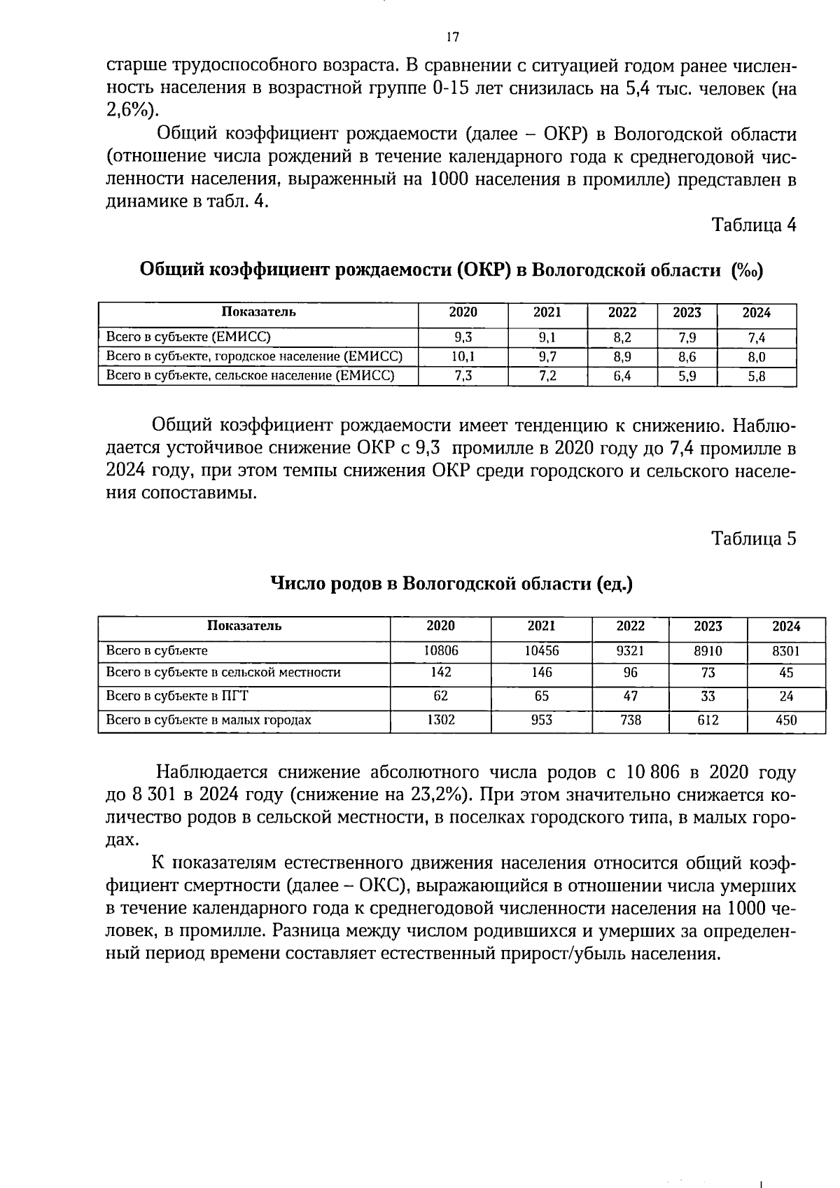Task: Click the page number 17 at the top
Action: point(452,37)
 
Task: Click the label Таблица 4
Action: point(753,225)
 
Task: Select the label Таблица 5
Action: point(753,538)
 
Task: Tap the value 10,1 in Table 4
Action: point(463,357)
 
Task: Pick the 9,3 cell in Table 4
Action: point(463,337)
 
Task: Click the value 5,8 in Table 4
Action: point(756,377)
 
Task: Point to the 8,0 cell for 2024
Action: point(756,357)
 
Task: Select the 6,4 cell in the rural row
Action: point(622,377)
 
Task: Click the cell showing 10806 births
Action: point(441,650)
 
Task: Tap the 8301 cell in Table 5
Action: point(786,650)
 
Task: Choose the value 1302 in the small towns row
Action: point(441,720)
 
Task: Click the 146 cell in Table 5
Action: point(541,673)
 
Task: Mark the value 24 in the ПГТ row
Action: point(786,697)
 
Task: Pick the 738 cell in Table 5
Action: point(631,720)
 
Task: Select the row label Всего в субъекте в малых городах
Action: point(208,720)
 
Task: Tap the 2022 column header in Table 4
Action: point(622,313)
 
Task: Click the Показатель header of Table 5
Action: point(244,626)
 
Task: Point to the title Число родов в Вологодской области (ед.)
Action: point(451,584)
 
